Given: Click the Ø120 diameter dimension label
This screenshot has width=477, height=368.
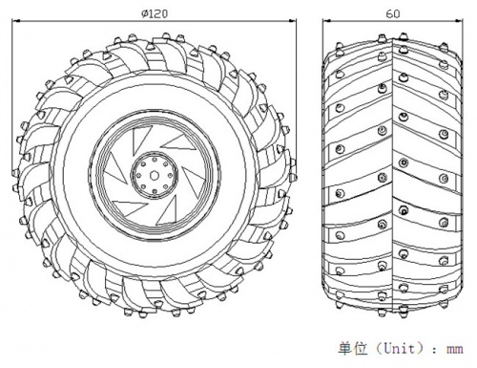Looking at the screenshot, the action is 155,13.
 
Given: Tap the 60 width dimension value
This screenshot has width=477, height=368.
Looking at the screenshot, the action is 393,14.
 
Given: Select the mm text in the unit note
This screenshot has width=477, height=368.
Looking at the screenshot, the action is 454,350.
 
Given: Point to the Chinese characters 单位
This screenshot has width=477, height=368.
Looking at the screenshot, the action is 353,348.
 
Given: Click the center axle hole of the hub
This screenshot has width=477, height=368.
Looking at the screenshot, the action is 155,175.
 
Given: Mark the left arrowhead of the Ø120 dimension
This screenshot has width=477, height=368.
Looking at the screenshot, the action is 16,21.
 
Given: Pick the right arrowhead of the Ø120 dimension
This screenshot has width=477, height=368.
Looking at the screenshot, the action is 292,21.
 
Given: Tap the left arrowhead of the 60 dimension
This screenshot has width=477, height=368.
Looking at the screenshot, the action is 327,21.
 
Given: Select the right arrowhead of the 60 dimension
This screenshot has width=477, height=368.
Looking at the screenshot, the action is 458,21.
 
